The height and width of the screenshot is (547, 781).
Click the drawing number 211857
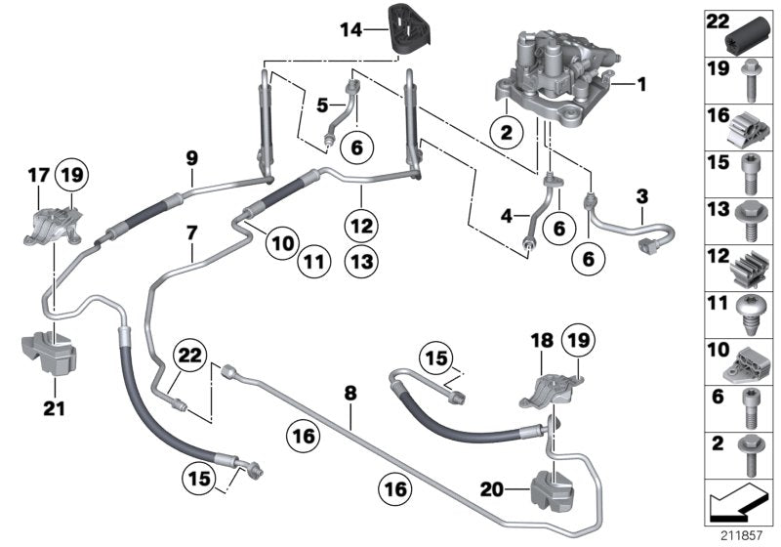pyautogui.click(x=744, y=535)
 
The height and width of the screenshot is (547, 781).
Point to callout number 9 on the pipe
pyautogui.click(x=192, y=156)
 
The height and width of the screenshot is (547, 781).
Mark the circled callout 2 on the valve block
pyautogui.click(x=506, y=133)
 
